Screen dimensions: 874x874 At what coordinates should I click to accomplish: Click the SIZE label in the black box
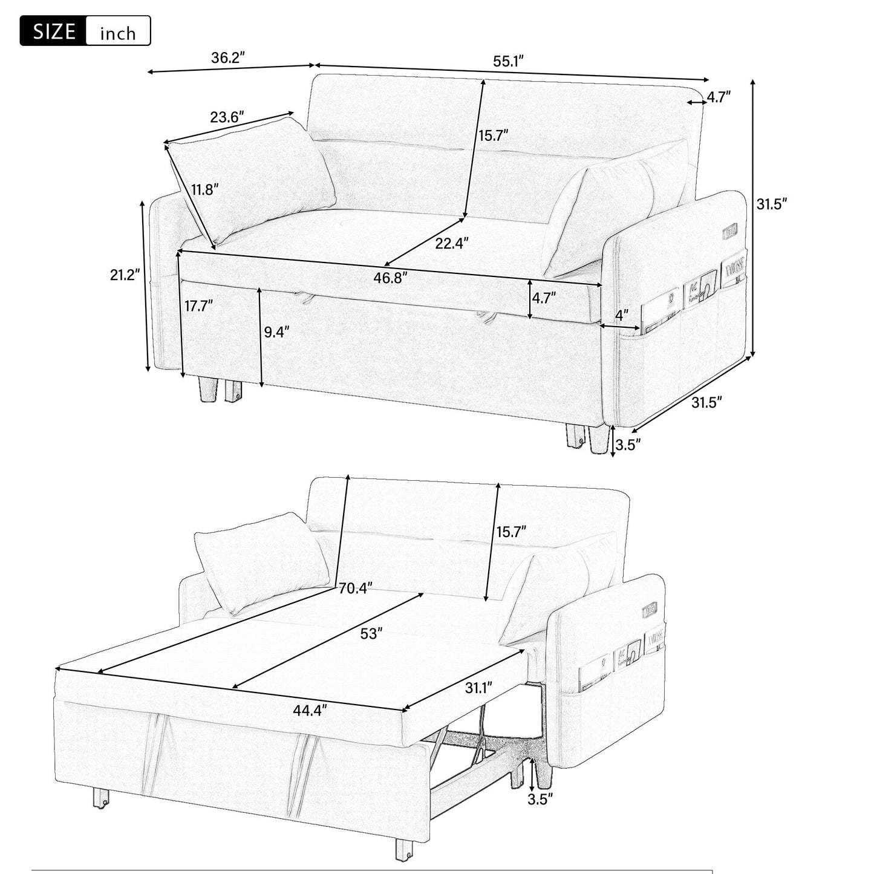pyautogui.click(x=53, y=31)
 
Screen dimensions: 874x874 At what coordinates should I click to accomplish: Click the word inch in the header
pyautogui.click(x=118, y=33)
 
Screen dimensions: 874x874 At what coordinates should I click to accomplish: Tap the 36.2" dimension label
pyautogui.click(x=227, y=58)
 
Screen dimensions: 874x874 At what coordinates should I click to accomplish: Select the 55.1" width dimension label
pyautogui.click(x=508, y=60)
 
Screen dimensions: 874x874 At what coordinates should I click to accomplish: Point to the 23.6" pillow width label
pyautogui.click(x=227, y=116)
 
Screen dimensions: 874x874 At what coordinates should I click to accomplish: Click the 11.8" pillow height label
pyautogui.click(x=204, y=190)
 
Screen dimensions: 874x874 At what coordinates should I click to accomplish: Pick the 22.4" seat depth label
pyautogui.click(x=452, y=243)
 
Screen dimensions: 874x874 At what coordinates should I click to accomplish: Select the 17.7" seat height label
pyautogui.click(x=199, y=306)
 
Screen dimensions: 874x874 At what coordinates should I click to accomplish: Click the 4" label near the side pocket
pyautogui.click(x=621, y=315)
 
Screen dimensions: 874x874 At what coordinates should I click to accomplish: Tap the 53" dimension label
pyautogui.click(x=371, y=633)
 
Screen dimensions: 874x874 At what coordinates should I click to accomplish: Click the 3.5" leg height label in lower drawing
pyautogui.click(x=540, y=800)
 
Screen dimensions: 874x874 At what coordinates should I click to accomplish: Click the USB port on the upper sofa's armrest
pyautogui.click(x=729, y=230)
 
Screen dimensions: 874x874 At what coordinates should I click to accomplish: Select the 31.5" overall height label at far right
pyautogui.click(x=771, y=204)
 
